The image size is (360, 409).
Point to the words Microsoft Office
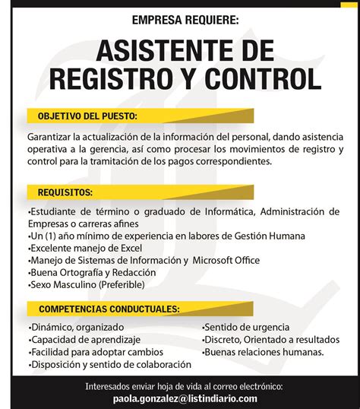tap(226, 260)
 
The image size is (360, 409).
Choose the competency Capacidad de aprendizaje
tap(86, 340)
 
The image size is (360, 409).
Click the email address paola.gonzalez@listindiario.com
tap(185, 398)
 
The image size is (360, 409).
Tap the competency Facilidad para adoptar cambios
tap(97, 352)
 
